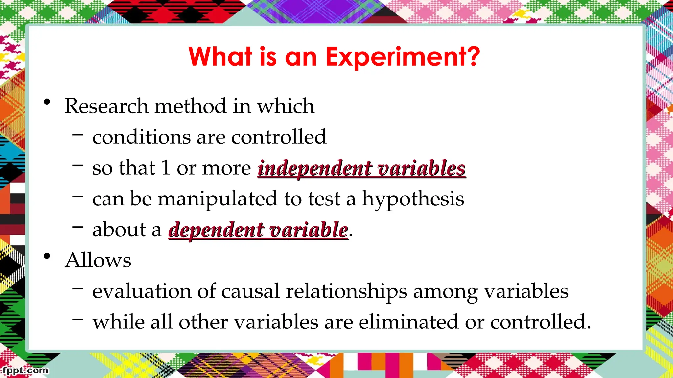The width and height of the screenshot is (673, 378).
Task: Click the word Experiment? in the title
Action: [403, 57]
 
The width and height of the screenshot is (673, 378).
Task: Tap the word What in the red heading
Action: [220, 56]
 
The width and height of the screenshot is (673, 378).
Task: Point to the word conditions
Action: [141, 137]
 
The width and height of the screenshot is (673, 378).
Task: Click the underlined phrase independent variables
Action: [361, 168]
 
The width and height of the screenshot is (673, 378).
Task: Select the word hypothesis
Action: [413, 199]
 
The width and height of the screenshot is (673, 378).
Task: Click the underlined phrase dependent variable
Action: [258, 230]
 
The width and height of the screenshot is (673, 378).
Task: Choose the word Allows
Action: [98, 260]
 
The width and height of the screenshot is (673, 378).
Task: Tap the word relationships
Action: [346, 291]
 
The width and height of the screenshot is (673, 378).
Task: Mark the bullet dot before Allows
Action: [47, 256]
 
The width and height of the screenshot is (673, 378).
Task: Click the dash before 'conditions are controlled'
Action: [78, 134]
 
